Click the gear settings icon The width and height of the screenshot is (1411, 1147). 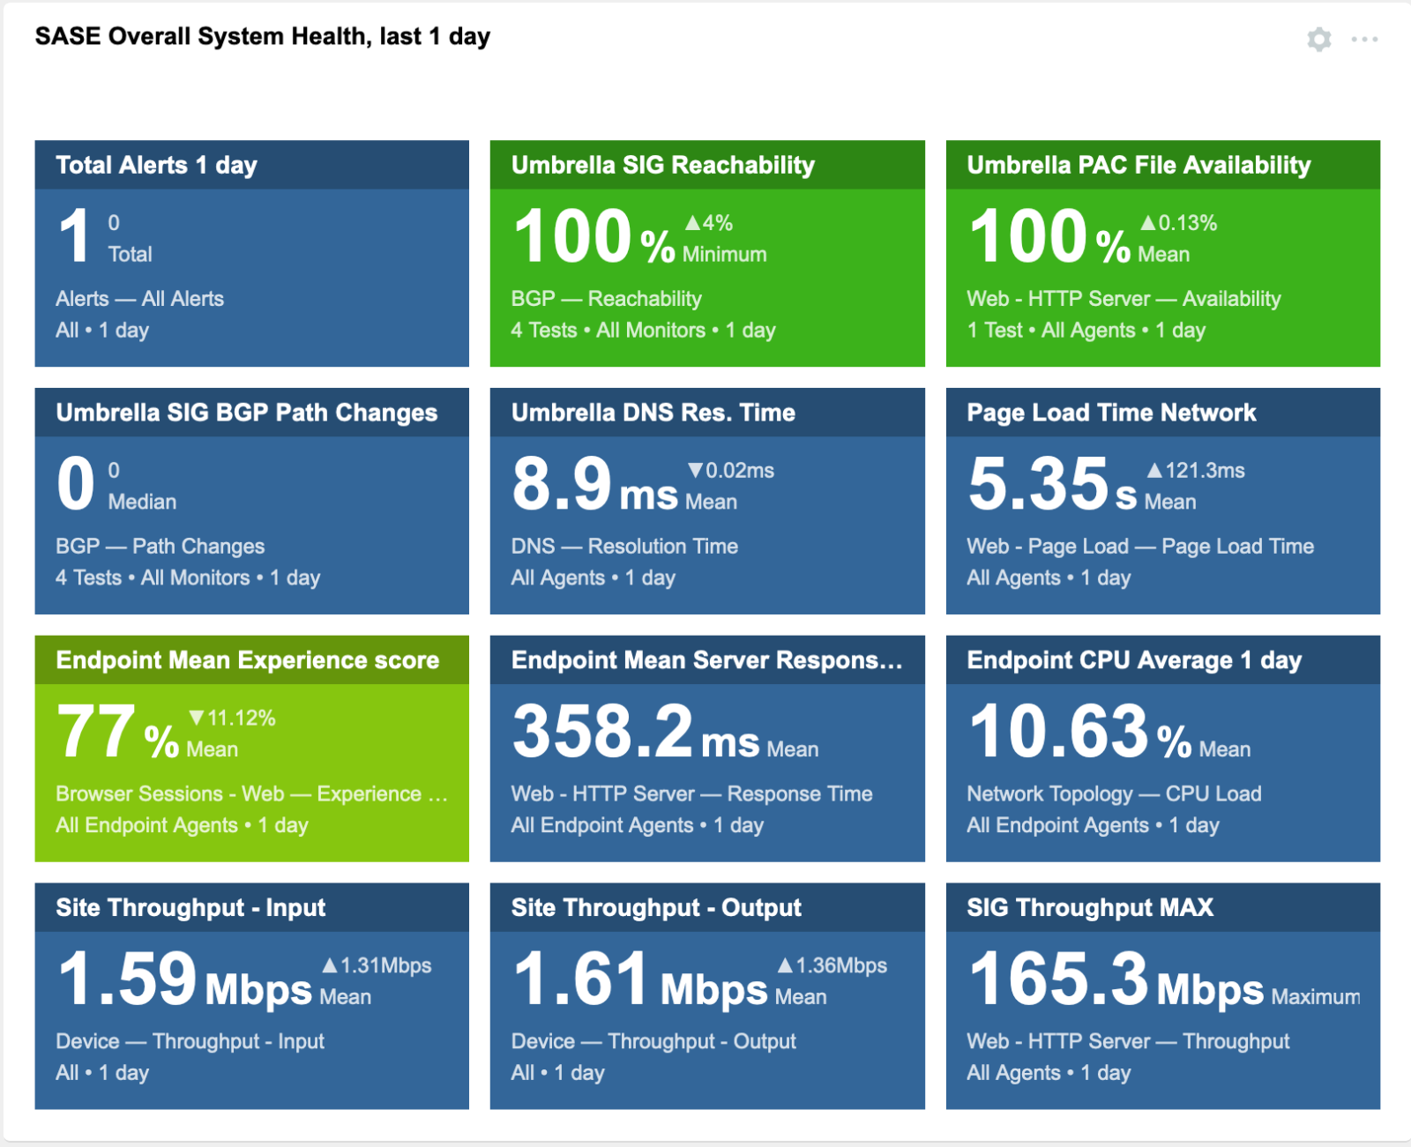tap(1318, 40)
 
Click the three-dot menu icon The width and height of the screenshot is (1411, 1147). tap(1363, 40)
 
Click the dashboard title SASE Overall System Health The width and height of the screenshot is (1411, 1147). tap(262, 37)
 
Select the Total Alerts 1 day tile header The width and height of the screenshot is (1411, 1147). tap(156, 165)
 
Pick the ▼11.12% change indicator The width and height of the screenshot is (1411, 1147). tap(232, 718)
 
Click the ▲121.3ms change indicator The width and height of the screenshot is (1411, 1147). tap(1195, 470)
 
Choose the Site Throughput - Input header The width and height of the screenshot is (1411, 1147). tap(190, 907)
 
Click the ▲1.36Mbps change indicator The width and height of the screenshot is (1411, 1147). tap(832, 965)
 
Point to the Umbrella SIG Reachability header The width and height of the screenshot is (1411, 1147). tap(663, 165)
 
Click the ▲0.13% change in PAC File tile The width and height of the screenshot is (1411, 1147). tap(1178, 222)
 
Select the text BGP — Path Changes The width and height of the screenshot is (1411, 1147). tap(160, 546)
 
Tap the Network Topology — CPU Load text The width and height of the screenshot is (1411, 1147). tap(1114, 793)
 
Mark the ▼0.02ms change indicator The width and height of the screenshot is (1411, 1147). tap(730, 470)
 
